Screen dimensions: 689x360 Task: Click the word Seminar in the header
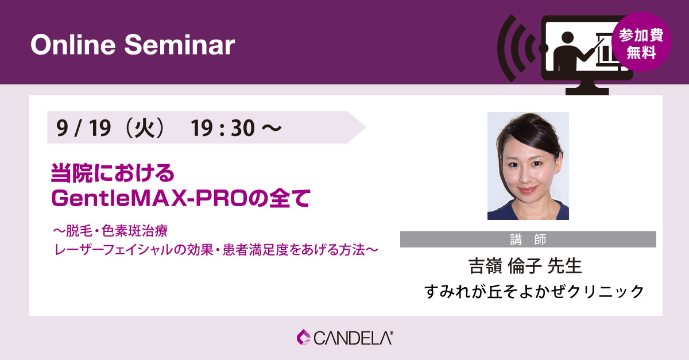point(180,45)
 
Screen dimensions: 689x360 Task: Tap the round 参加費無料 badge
point(641,42)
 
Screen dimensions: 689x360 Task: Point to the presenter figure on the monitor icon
point(569,52)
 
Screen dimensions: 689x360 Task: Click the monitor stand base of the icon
point(587,91)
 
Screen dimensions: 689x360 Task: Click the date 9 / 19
point(83,127)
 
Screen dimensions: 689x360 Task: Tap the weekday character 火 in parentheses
point(145,127)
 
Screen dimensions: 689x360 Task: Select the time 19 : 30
point(223,127)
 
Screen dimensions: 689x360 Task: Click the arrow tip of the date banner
point(365,127)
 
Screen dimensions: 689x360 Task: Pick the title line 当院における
point(113,173)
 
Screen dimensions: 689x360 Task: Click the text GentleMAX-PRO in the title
point(149,198)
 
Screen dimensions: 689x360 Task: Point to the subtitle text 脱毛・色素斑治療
point(117,231)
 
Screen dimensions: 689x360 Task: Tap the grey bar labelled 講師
point(528,239)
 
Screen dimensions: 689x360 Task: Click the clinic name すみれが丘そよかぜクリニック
point(535,291)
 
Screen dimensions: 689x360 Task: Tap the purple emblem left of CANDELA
point(304,337)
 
